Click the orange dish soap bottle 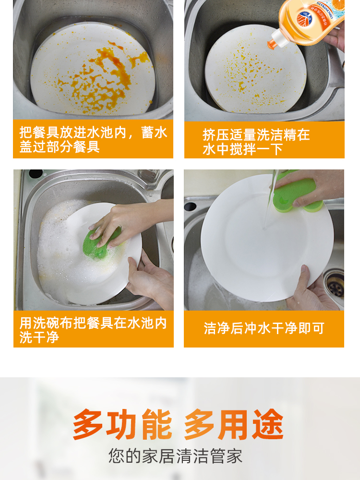tap(309, 22)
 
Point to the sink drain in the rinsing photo tap(334, 283)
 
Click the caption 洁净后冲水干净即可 tap(264, 328)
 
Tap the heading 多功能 tap(122, 424)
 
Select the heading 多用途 tap(234, 424)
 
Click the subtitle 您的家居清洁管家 tap(175, 456)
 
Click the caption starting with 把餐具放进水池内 tap(94, 140)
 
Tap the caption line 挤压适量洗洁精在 tap(256, 135)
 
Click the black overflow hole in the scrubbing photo tap(36, 174)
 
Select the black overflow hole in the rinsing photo tap(190, 206)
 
